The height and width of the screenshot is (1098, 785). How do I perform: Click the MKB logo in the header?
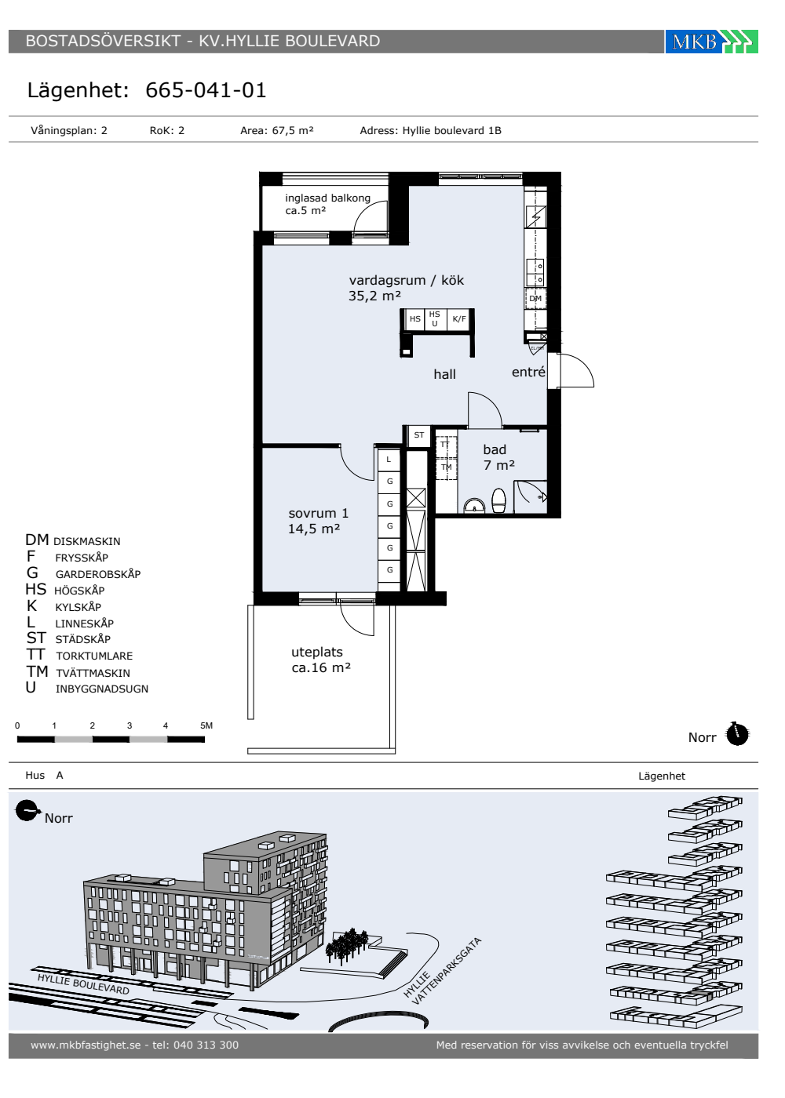coord(711,41)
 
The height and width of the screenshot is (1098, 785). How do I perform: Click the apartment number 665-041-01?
coord(206,90)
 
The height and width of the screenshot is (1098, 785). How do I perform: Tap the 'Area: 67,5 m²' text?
coord(276,130)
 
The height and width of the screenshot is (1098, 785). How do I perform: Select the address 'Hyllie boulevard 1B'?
coord(451,130)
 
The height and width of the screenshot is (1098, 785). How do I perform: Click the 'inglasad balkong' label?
coord(328,198)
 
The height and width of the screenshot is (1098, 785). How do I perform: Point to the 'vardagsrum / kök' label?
coord(407,281)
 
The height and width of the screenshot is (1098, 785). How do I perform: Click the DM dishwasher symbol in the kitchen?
coord(535,299)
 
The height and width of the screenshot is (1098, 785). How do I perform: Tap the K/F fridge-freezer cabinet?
coord(459,319)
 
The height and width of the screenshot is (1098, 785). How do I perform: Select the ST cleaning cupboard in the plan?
coord(419,435)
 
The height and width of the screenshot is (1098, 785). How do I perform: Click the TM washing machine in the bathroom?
coord(447,468)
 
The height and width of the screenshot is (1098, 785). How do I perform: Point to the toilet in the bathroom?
coord(498,500)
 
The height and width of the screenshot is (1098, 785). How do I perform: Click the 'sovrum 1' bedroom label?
coord(319,513)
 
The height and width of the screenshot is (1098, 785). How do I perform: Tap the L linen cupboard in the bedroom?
coord(389,460)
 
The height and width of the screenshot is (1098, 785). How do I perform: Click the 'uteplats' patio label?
coord(317,653)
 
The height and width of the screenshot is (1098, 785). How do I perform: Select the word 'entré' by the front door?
coord(528,372)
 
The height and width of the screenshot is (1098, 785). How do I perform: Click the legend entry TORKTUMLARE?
coord(94,656)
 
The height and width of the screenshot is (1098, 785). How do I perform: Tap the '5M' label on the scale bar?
coord(206,725)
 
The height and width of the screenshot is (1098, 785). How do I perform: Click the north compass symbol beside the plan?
coord(737,734)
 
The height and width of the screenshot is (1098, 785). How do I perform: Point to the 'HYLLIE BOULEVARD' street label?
coord(83,984)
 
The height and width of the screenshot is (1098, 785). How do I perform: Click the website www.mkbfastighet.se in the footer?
coord(86,1045)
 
